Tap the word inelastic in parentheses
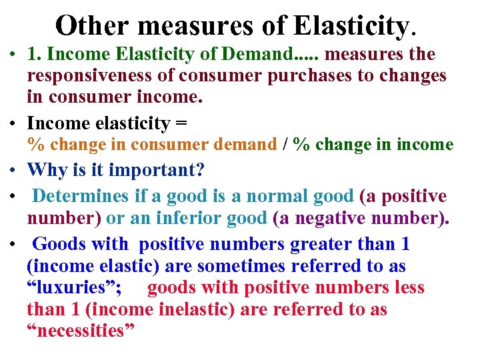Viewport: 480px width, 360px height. point(193,310)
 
